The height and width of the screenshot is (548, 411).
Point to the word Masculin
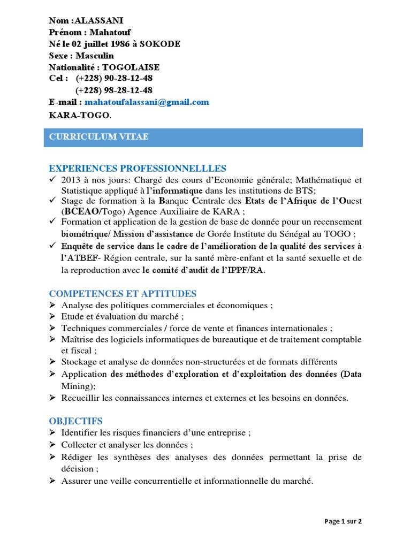point(95,56)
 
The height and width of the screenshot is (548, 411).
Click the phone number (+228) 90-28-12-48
point(114,79)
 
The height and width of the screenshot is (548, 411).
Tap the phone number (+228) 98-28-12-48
point(114,90)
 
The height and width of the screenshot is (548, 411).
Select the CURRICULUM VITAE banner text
point(99,137)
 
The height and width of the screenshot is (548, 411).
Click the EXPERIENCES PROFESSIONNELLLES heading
point(138,169)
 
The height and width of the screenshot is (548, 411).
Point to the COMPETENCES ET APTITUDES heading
point(123,294)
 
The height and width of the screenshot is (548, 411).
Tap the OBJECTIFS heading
point(76,421)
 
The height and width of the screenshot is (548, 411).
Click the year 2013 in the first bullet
point(71,180)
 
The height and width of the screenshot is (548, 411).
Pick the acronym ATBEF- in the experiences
point(79,258)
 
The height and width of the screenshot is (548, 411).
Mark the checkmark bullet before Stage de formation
point(52,201)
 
